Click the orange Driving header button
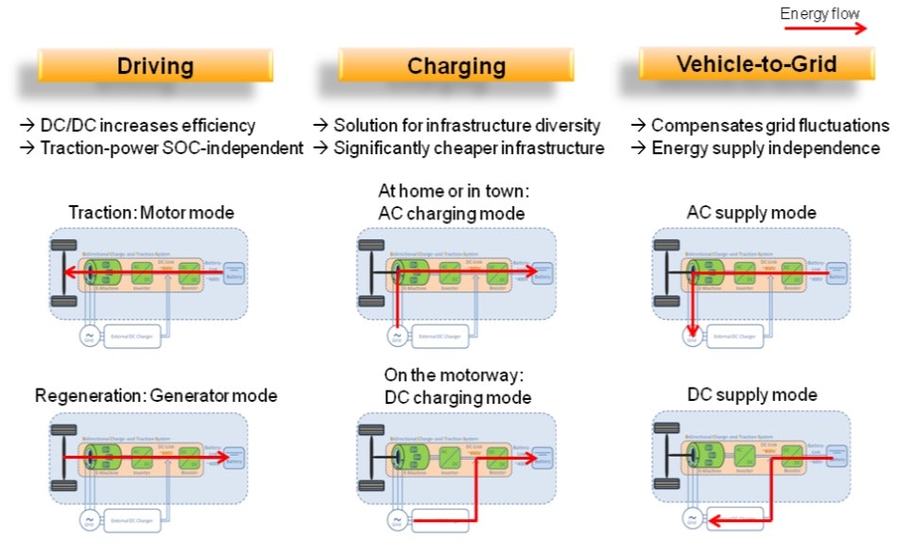156,65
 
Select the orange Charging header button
456,65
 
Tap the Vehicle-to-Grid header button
756,63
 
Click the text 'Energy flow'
820,13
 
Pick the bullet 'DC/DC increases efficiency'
138,126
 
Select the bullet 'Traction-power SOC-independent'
161,148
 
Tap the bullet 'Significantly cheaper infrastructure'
460,148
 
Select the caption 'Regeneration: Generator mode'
156,395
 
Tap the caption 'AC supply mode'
752,213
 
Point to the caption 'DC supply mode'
752,394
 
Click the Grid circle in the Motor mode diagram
89,336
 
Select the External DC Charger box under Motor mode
132,336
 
